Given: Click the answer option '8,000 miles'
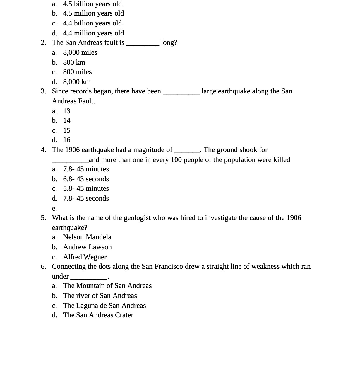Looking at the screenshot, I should (80, 52).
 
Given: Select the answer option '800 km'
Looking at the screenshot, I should (74, 62).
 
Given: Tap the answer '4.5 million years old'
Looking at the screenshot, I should (93, 13).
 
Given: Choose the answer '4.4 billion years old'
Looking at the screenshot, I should (92, 23).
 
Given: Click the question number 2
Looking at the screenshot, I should (43, 42).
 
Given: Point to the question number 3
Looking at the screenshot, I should (43, 91).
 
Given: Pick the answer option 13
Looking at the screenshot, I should (67, 111).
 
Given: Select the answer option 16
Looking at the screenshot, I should (67, 140).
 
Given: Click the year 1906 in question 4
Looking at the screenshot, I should (72, 150).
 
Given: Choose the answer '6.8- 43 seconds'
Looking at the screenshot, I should (86, 179).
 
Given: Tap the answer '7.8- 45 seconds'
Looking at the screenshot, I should (86, 198).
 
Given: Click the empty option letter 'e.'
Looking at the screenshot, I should (54, 208).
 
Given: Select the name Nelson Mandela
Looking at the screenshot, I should (87, 237).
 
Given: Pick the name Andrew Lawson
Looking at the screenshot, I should (87, 247).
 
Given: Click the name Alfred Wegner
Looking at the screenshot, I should (85, 257).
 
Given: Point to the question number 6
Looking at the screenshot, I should (43, 266).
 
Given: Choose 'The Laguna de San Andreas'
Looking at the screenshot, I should (104, 306).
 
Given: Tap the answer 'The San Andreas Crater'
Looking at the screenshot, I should (98, 315).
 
